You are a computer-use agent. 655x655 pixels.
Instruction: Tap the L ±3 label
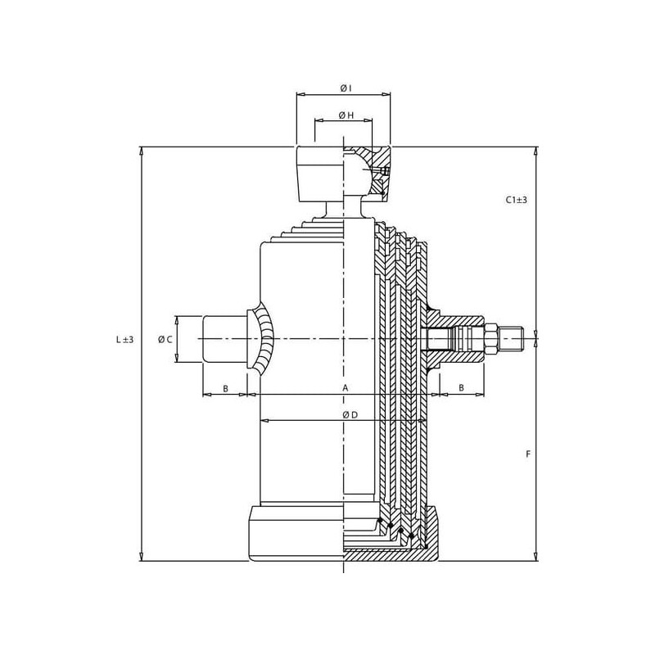pyautogui.click(x=124, y=339)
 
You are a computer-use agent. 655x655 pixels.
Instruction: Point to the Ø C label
pyautogui.click(x=165, y=340)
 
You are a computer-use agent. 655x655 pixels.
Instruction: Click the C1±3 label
pyautogui.click(x=517, y=200)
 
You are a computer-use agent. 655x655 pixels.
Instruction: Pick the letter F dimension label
pyautogui.click(x=528, y=454)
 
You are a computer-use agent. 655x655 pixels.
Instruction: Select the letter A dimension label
pyautogui.click(x=346, y=388)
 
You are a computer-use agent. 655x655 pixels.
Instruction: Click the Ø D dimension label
pyautogui.click(x=350, y=415)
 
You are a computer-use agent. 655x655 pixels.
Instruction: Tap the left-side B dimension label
pyautogui.click(x=225, y=388)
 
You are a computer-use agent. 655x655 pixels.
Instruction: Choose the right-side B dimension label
pyautogui.click(x=462, y=387)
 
